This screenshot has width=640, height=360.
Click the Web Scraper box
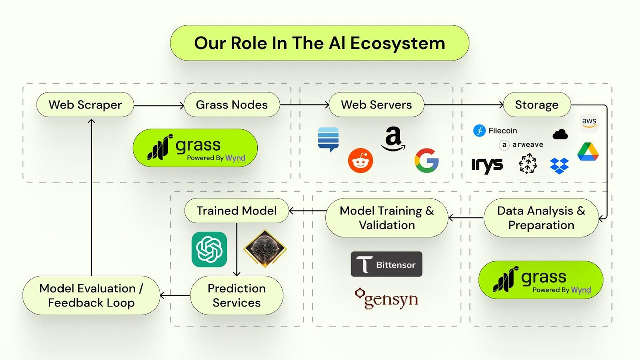pos(85,105)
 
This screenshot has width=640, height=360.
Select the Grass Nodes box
pos(232,105)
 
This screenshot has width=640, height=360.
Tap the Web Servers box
pos(376,105)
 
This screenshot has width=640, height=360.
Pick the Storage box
pos(537,105)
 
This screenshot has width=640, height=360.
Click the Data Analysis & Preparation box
pos(541,218)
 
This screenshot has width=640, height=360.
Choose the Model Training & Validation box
pos(387,218)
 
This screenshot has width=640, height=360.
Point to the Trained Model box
pos(237,210)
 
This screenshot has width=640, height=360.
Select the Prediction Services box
pos(237,295)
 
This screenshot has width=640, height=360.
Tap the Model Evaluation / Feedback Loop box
pos(91,295)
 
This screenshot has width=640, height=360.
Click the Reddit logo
pos(361,161)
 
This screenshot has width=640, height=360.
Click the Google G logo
pos(426,161)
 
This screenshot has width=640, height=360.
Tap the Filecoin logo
pos(480,131)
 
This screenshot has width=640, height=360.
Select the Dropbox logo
pos(559,165)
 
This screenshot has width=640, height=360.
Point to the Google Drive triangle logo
pos(588,152)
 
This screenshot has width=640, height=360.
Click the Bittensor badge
pos(386,264)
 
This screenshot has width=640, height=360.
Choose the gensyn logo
pos(386,298)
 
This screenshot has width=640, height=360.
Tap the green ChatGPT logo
pos(209,249)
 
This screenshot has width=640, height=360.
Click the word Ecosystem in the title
pos(397,43)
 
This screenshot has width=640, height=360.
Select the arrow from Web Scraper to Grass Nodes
pos(159,105)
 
